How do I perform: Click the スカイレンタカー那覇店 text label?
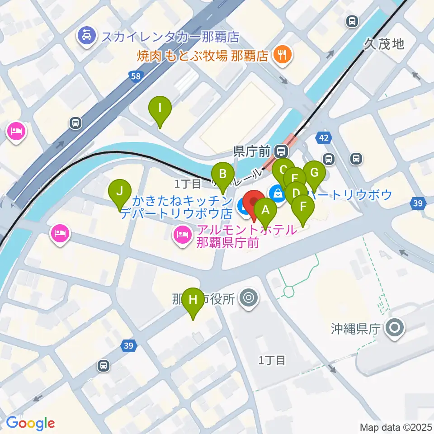170,36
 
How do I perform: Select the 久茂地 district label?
383,44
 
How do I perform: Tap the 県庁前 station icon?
283,151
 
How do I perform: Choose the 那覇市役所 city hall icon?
248,298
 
